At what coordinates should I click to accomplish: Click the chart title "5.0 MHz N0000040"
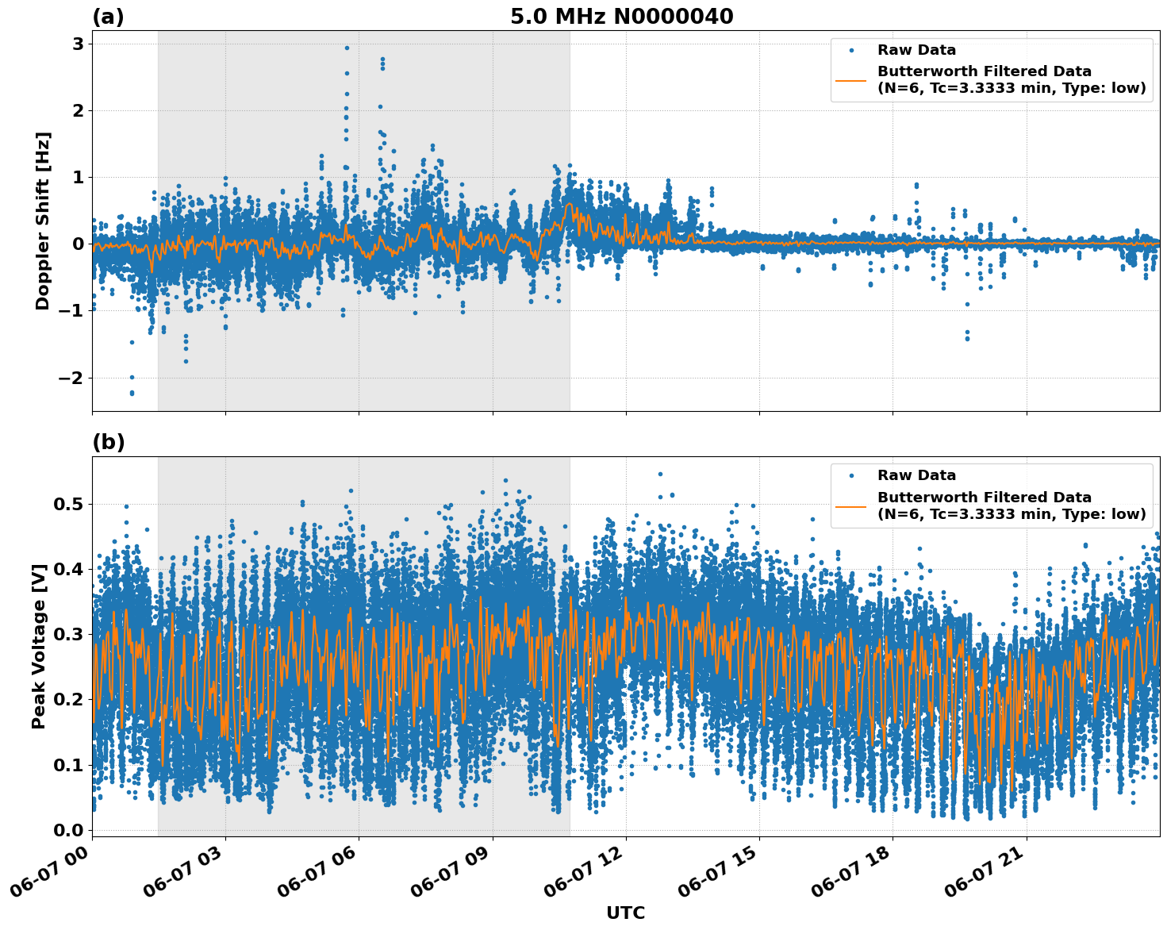[x=621, y=17]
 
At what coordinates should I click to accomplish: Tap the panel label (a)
[x=108, y=17]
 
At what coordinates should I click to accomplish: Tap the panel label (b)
[x=108, y=442]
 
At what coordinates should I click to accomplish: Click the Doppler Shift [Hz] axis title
[x=43, y=221]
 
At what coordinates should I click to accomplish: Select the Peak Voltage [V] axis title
[x=39, y=646]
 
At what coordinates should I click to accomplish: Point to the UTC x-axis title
[x=625, y=913]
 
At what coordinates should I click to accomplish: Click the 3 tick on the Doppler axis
[x=78, y=44]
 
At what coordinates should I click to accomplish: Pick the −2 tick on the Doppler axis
[x=71, y=378]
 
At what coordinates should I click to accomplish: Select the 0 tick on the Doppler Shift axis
[x=78, y=244]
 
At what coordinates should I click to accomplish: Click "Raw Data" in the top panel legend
[x=916, y=50]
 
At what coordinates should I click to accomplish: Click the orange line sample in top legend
[x=851, y=79]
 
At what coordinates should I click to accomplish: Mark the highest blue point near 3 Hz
[x=347, y=48]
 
